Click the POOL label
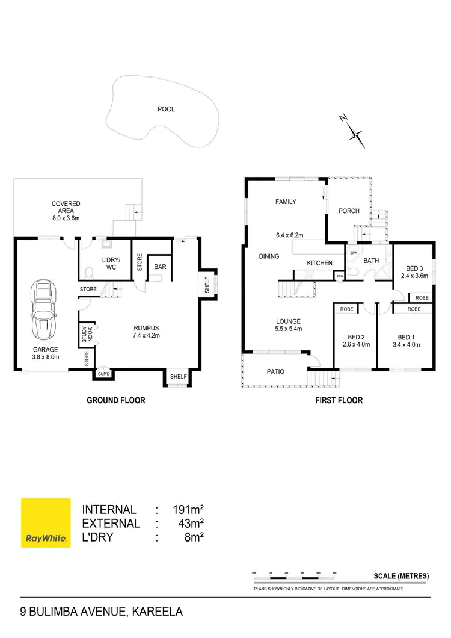point(166,109)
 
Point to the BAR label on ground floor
point(160,267)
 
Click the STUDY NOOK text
point(85,335)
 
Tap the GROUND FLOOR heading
point(116,400)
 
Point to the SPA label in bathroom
point(353,253)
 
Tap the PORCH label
point(349,211)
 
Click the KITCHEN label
point(319,263)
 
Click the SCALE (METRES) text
point(401,576)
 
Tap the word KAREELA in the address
point(156,613)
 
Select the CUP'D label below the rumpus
point(103,374)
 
